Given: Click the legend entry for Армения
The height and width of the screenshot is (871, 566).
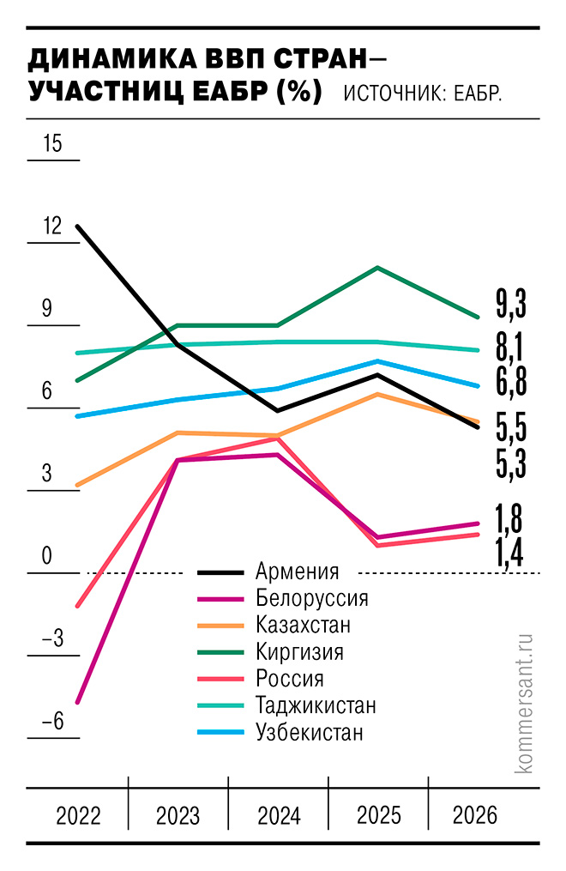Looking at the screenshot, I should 297,572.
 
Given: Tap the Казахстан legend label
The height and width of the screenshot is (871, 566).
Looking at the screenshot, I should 303,625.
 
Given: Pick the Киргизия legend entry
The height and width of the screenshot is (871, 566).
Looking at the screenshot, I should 299,651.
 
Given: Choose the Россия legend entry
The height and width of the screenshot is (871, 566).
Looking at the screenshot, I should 289,679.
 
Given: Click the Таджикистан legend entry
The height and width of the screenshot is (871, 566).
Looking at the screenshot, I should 316,705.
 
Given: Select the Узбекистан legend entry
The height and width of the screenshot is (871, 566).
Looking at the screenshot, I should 309,732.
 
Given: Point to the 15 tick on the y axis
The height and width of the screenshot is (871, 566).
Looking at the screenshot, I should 52,143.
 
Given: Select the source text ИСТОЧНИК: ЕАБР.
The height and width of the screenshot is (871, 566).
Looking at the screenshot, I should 422,93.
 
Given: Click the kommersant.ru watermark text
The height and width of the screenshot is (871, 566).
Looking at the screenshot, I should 525,704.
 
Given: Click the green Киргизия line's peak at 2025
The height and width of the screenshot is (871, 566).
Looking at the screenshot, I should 377,268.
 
